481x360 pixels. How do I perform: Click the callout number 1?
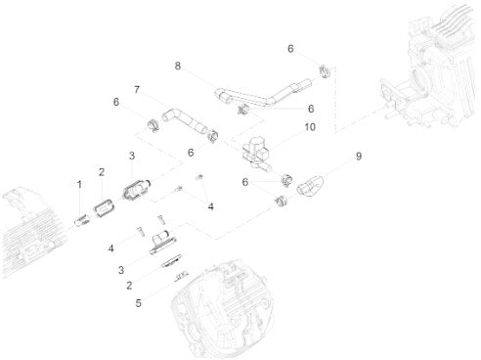click(79, 185)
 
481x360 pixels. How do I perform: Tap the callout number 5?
click(139, 303)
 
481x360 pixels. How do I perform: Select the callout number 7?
click(137, 89)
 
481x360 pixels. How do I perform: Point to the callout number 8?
click(178, 66)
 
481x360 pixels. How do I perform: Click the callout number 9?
click(359, 157)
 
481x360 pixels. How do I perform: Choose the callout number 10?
click(310, 127)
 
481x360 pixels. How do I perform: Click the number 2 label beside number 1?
click(102, 172)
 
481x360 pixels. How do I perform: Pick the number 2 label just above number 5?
click(129, 286)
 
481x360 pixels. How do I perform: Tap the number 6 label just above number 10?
click(311, 109)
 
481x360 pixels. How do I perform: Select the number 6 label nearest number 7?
click(116, 102)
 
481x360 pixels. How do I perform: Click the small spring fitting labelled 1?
click(81, 221)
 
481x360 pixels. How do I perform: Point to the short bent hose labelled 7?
click(185, 121)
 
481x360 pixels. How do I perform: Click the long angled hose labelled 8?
click(263, 93)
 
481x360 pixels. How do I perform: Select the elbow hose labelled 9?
click(310, 186)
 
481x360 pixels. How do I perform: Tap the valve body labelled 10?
click(256, 153)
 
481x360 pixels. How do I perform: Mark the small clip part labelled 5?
click(181, 277)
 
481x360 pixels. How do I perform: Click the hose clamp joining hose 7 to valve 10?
click(212, 136)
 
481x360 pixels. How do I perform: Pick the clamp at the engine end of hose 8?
click(324, 72)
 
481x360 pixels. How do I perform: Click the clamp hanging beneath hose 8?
click(242, 110)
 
